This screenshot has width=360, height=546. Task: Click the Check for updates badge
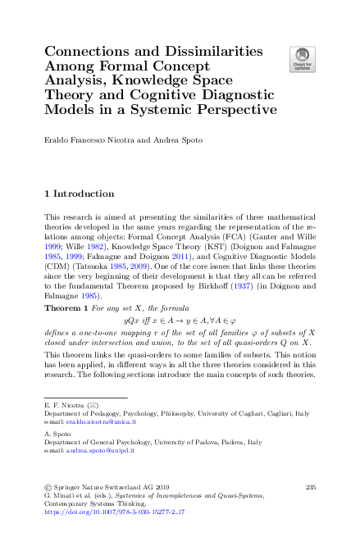click(300, 58)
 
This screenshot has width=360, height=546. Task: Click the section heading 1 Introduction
click(79, 194)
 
